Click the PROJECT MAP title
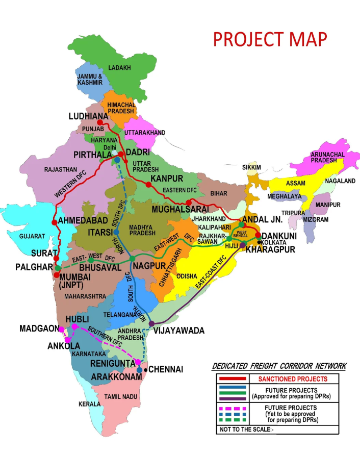(x=270, y=39)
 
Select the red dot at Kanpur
(x=148, y=185)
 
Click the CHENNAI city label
(x=165, y=369)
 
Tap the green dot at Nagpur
(x=132, y=259)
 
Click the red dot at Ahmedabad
(x=54, y=223)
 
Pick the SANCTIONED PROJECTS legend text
(x=292, y=379)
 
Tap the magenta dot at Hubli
(x=74, y=326)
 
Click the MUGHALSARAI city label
(x=180, y=209)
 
